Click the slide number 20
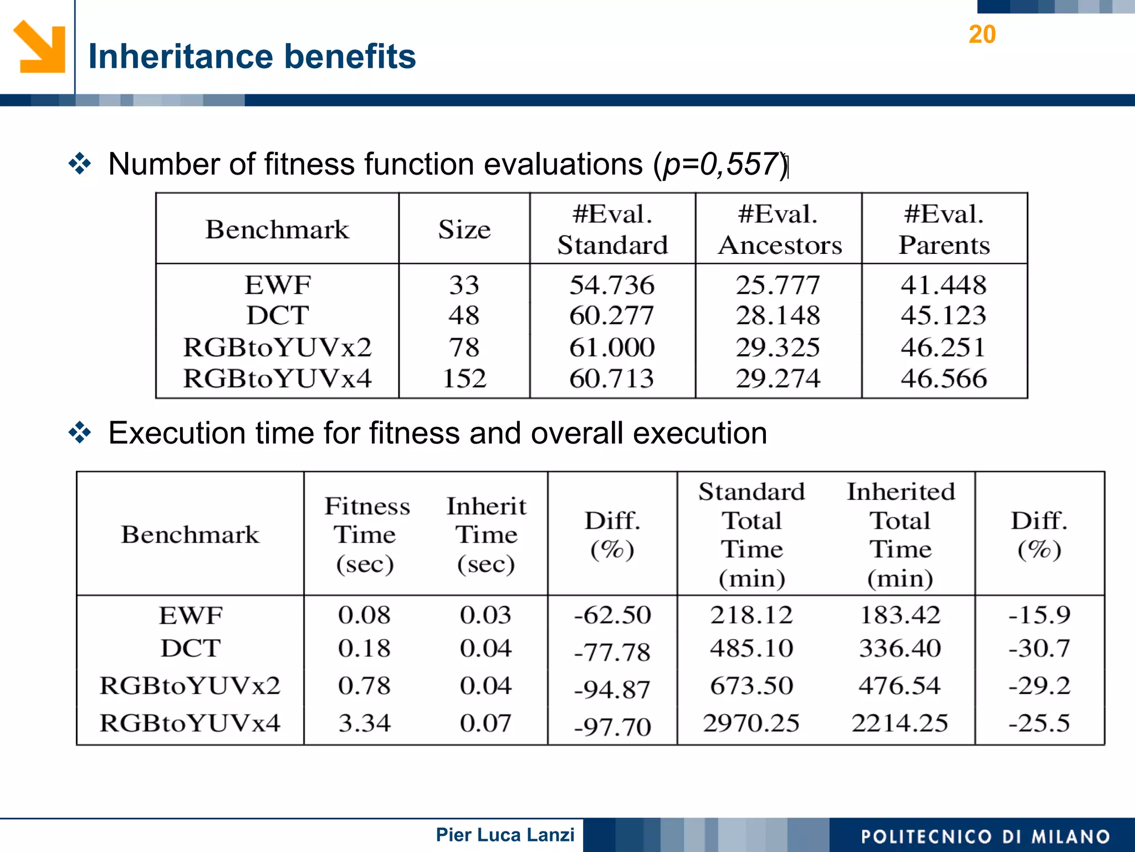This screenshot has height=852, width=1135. point(982,34)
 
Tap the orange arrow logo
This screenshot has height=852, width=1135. point(39,47)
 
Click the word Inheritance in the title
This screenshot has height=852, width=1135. point(181,57)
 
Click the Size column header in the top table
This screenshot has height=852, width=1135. point(464,229)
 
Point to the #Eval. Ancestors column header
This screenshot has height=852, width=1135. point(779,229)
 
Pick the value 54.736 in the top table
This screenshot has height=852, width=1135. point(612,285)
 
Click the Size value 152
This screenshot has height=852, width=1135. point(464,379)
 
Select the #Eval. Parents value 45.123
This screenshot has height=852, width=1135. point(943,315)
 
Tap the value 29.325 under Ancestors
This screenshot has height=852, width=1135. point(778,348)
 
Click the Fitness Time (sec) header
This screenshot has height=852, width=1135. point(366,535)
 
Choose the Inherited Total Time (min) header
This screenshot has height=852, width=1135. point(901,535)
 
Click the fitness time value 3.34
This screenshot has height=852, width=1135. point(365,723)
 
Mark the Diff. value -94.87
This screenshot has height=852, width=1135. point(612,690)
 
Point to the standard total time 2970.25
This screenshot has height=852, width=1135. point(751,723)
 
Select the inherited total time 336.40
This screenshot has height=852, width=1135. point(900,648)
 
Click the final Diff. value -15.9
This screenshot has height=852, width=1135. point(1039,615)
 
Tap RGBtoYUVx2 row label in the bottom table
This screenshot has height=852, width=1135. point(190,686)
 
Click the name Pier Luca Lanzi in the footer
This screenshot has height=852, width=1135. point(505,835)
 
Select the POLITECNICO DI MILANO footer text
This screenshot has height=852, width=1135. point(985,836)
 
